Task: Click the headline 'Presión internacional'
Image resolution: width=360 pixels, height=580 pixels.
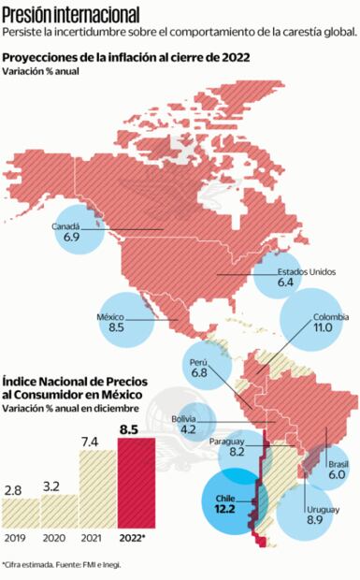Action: [72, 15]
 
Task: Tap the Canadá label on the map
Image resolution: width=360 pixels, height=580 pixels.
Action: [72, 226]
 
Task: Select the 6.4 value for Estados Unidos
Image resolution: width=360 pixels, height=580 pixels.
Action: [286, 281]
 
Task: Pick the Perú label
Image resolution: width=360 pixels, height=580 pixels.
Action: [198, 361]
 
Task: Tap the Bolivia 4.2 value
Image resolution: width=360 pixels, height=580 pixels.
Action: [188, 429]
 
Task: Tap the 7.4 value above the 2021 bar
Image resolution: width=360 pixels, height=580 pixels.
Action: [91, 441]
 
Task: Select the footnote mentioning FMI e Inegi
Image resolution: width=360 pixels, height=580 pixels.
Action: [62, 565]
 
